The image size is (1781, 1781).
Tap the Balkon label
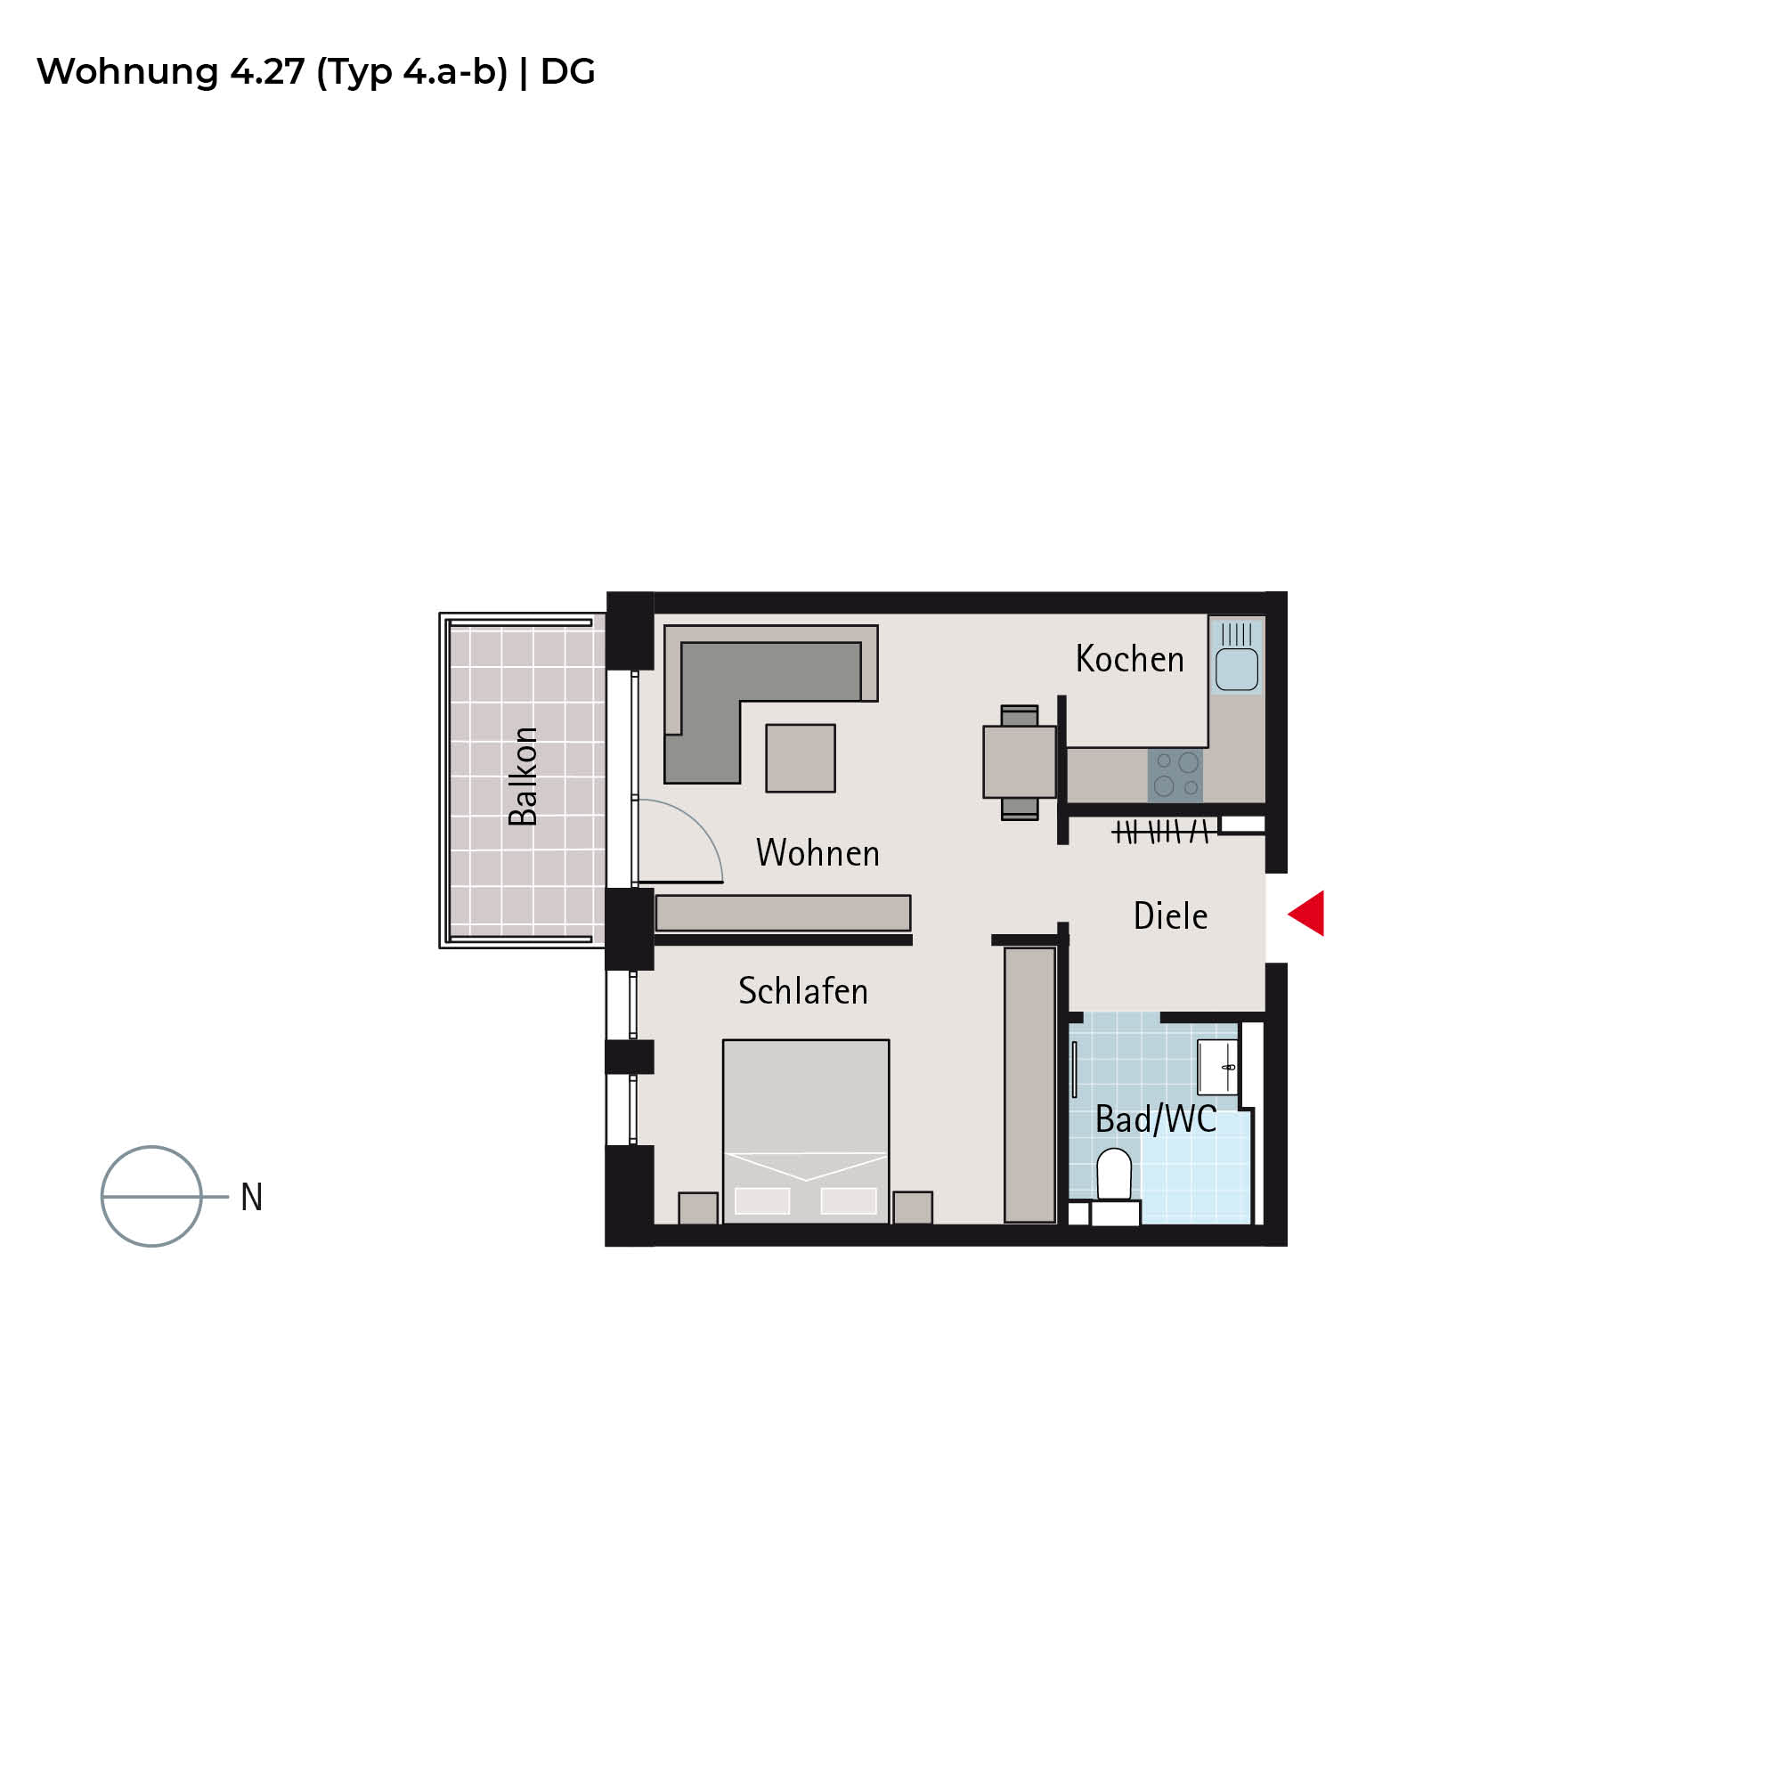pyautogui.click(x=524, y=777)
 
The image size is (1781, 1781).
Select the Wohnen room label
pyautogui.click(x=817, y=853)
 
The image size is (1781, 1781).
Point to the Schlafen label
pyautogui.click(x=803, y=991)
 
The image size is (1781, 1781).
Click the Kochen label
pyautogui.click(x=1129, y=659)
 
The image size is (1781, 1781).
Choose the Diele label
pyautogui.click(x=1170, y=915)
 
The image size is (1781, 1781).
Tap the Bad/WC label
pyautogui.click(x=1156, y=1119)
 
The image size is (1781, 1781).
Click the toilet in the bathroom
pyautogui.click(x=1115, y=1184)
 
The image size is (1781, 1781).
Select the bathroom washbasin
pyautogui.click(x=1216, y=1067)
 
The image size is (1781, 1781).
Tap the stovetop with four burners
pyautogui.click(x=1175, y=776)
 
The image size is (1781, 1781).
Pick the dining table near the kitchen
pyautogui.click(x=1020, y=762)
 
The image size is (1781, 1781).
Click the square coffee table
pyautogui.click(x=801, y=758)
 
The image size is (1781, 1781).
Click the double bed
pyautogui.click(x=806, y=1131)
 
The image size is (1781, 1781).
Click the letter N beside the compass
pyautogui.click(x=252, y=1198)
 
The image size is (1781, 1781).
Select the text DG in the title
pyautogui.click(x=568, y=72)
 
